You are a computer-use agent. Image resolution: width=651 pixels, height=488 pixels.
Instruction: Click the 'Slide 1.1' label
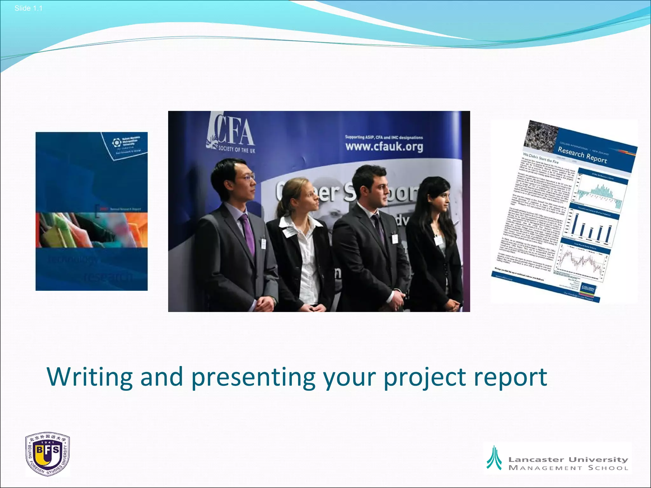[x=28, y=9]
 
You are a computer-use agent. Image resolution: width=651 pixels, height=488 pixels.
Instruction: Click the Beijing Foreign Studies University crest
[x=47, y=454]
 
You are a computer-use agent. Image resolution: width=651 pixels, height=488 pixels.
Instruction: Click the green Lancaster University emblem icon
[x=494, y=458]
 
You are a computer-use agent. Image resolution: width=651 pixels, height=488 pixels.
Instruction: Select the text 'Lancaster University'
[x=568, y=459]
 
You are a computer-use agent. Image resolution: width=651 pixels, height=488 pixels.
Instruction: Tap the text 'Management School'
[x=568, y=468]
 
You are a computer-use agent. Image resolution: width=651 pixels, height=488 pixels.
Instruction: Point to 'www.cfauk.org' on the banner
[x=384, y=146]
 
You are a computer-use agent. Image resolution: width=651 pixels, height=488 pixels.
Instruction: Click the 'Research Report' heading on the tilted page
[x=582, y=155]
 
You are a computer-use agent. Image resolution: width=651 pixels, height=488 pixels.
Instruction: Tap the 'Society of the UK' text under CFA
[x=236, y=150]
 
